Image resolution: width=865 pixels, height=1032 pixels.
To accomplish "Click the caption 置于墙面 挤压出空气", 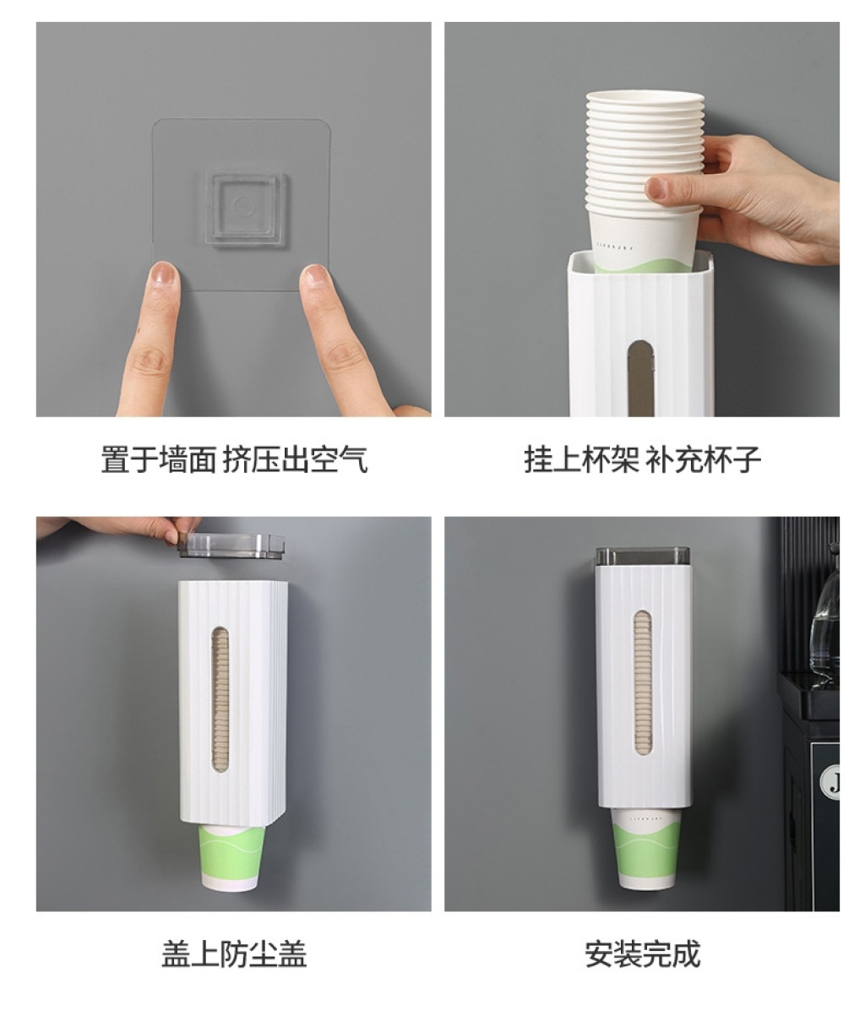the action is click(x=234, y=459).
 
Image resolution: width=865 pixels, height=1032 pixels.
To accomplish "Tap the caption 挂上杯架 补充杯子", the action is click(x=642, y=459).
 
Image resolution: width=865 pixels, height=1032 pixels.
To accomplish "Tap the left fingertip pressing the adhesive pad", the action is click(x=163, y=277).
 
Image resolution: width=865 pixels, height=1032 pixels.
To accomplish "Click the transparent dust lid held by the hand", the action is click(x=231, y=546).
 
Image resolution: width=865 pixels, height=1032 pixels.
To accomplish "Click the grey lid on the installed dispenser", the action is click(x=643, y=556).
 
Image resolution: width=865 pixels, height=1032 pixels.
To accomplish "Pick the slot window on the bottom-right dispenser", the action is click(x=643, y=682).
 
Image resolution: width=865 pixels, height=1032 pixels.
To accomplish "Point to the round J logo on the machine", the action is click(x=831, y=782).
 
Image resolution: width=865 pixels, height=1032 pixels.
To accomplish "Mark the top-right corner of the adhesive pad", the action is click(x=329, y=120).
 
